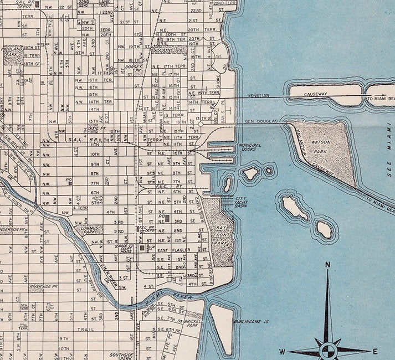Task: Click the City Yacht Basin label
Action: [244, 202]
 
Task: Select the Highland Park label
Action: [12, 51]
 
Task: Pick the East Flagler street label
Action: [173, 251]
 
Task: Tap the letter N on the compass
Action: [327, 265]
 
